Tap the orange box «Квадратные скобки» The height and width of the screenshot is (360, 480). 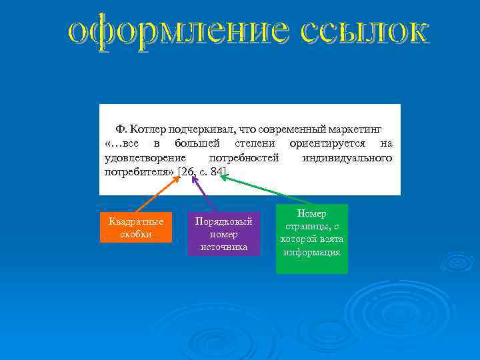pyautogui.click(x=136, y=228)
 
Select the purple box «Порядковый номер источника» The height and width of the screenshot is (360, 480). pyautogui.click(x=223, y=234)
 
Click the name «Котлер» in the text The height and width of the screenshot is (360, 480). pyautogui.click(x=149, y=129)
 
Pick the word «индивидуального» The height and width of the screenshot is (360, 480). pyautogui.click(x=347, y=158)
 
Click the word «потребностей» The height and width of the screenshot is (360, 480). pyautogui.click(x=243, y=158)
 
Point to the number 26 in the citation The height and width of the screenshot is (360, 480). pyautogui.click(x=187, y=173)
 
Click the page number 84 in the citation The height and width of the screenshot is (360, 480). pyautogui.click(x=217, y=173)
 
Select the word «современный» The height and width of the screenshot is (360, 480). pyautogui.click(x=283, y=129)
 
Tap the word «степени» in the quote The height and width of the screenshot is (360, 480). pyautogui.click(x=257, y=143)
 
